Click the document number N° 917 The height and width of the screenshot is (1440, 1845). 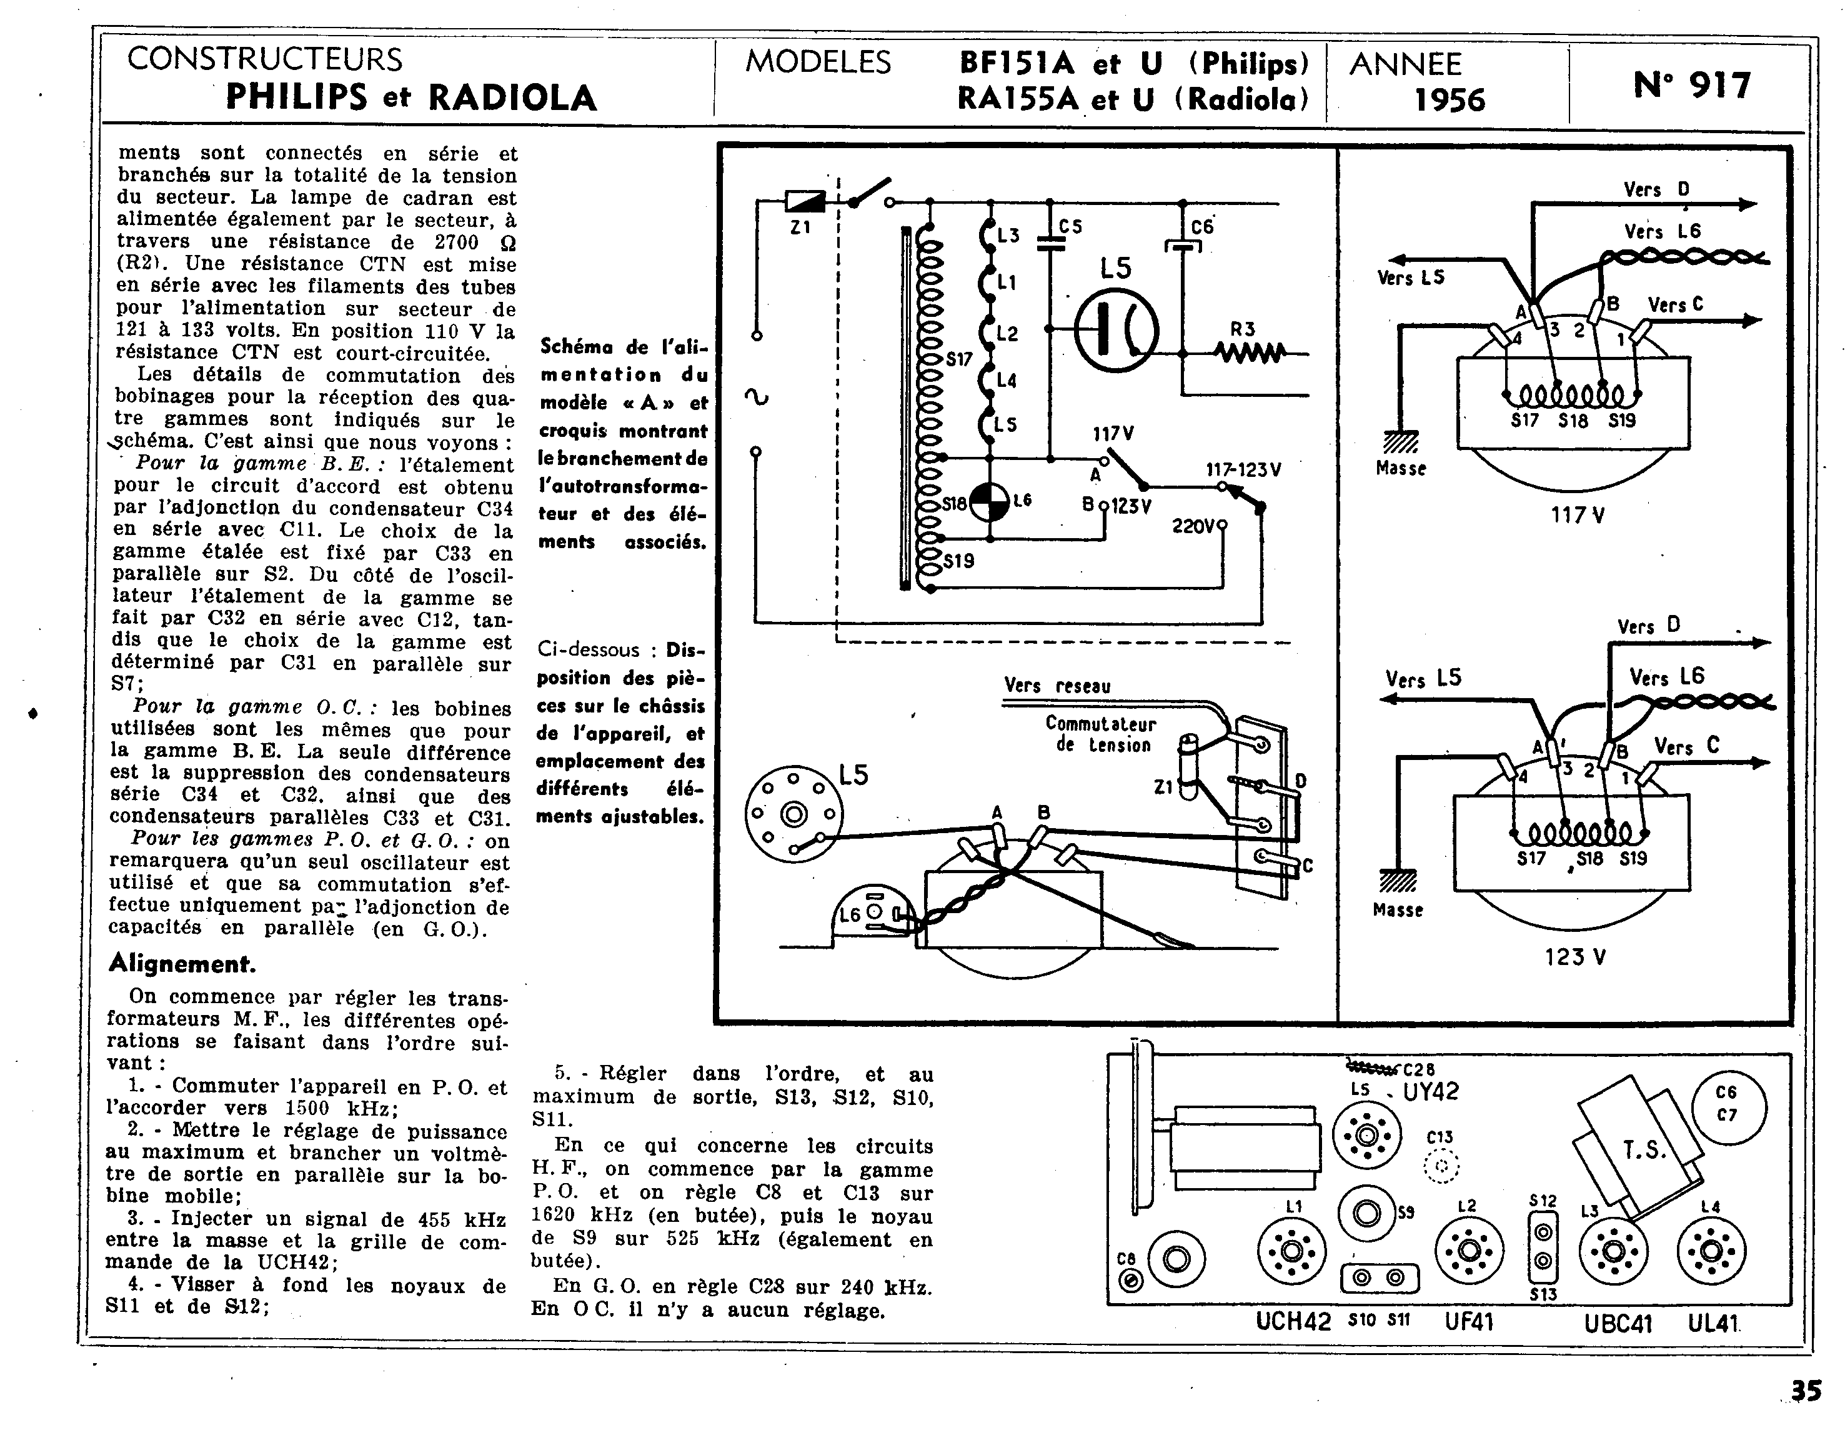(1692, 86)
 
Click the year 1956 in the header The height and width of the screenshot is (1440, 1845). (1450, 100)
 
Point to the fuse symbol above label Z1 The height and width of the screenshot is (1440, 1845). (805, 201)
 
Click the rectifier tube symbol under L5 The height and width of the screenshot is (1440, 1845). (1116, 329)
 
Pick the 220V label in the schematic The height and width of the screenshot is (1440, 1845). (1193, 526)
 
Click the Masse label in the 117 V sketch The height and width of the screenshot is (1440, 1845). (1401, 468)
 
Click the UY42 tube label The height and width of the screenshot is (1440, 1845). (1431, 1092)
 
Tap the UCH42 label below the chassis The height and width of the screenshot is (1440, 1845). (1293, 1321)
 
